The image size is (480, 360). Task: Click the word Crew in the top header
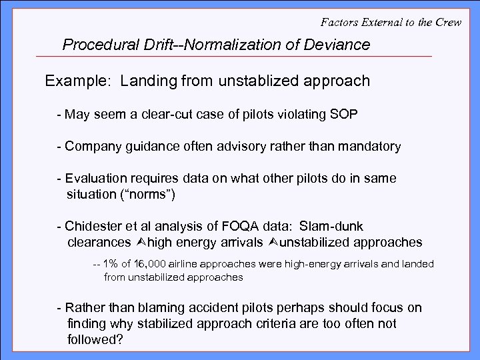point(458,22)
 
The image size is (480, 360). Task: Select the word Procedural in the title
point(97,45)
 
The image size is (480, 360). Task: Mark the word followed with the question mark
point(95,338)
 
